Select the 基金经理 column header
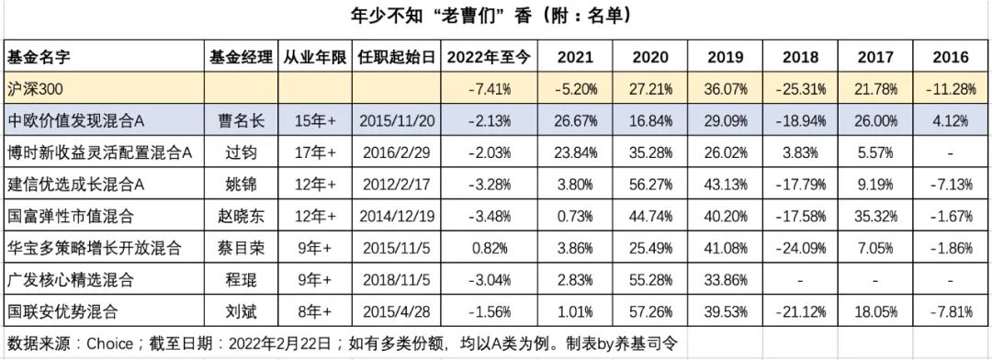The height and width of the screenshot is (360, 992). click(x=241, y=57)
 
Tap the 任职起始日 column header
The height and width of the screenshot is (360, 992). click(x=398, y=57)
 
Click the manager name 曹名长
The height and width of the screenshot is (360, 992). click(x=241, y=121)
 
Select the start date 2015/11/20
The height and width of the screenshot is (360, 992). click(x=398, y=121)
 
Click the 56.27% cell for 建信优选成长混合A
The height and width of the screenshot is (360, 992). click(x=648, y=185)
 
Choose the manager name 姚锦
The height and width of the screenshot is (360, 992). click(x=241, y=185)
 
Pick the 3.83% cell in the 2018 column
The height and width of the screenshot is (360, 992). click(x=799, y=152)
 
